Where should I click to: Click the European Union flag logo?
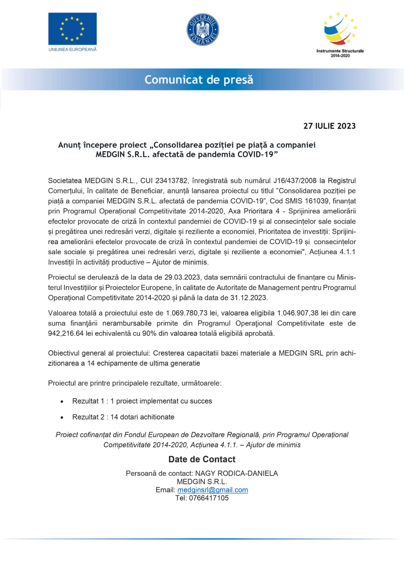pos(73,29)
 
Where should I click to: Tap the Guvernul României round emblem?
pos(203,30)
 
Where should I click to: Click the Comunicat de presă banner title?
pos(199,79)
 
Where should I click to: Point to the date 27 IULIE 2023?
pos(329,126)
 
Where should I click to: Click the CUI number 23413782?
pos(172,181)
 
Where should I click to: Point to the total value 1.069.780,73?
pos(186,313)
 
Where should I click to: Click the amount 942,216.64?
pos(66,334)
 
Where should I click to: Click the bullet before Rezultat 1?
pos(62,401)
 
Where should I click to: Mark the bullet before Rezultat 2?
pos(62,417)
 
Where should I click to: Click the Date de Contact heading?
pos(202,459)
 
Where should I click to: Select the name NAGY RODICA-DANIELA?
pos(236,473)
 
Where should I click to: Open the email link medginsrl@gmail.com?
pos(213,490)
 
